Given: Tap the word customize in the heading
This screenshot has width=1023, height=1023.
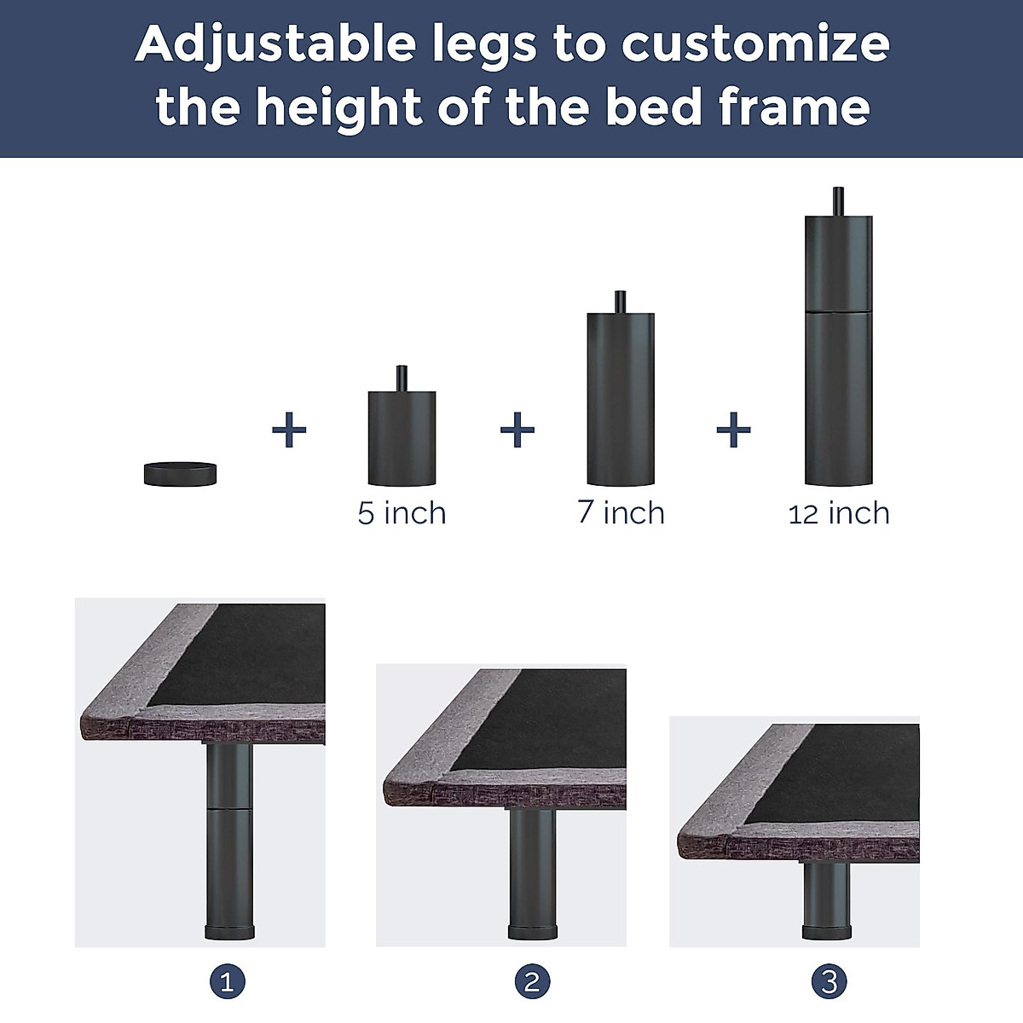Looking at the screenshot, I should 755,44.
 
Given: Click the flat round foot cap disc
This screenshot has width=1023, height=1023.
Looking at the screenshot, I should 181,473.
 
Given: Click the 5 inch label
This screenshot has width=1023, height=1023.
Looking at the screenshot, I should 402,513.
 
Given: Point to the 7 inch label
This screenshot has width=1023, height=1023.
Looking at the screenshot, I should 621,512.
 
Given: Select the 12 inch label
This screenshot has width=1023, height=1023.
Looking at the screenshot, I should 839,513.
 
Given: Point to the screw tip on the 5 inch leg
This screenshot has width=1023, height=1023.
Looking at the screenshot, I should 402,379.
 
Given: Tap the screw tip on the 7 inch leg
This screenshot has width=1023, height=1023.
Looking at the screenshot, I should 621,302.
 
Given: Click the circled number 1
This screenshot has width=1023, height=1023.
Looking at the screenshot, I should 227,982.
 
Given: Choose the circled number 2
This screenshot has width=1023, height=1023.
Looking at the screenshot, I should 532,982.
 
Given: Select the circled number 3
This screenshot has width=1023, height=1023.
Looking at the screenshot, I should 829,982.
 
